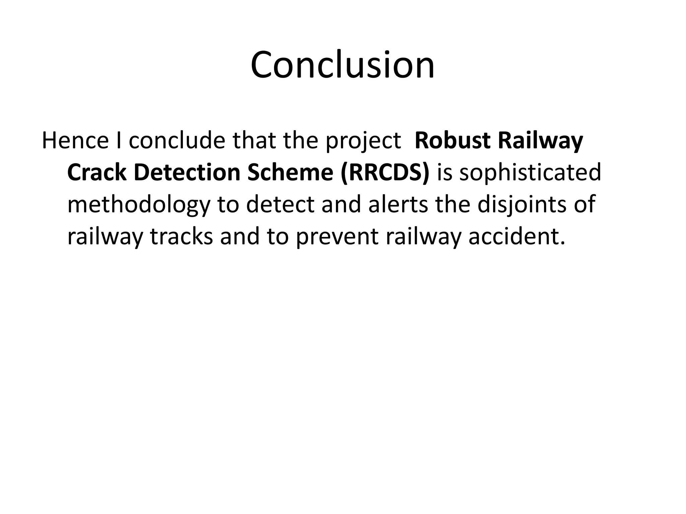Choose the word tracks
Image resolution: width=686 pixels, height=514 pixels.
181,236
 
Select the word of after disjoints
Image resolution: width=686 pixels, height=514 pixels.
585,204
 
